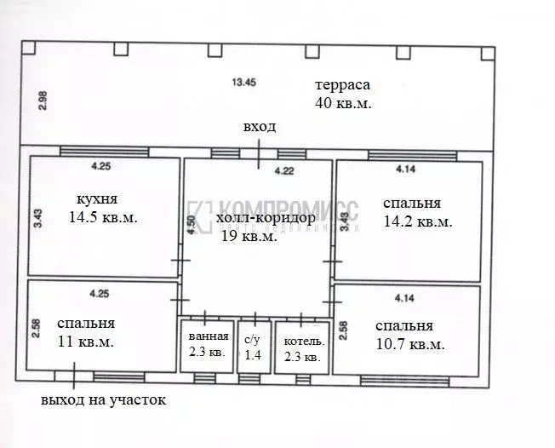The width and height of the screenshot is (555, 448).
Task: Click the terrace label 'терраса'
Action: tap(342, 85)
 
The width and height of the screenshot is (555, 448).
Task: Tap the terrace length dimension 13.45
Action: tap(244, 83)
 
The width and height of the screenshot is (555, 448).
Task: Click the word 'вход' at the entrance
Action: tap(259, 127)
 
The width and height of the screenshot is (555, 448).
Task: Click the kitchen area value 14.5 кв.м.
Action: tap(103, 217)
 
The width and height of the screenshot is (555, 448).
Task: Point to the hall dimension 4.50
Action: tap(193, 223)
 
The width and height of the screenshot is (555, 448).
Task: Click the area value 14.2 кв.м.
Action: tap(417, 221)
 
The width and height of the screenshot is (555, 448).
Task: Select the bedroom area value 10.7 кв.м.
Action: tap(410, 345)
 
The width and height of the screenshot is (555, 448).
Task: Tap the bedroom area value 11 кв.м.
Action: tap(85, 342)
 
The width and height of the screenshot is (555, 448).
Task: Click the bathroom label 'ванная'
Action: tap(208, 336)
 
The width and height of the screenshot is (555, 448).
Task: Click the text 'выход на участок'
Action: tap(103, 399)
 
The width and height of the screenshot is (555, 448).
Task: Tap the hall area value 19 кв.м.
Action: tap(249, 237)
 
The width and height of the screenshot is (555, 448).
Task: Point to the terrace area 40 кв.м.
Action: tap(344, 103)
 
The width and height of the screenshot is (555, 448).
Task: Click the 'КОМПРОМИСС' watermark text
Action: tap(288, 209)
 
